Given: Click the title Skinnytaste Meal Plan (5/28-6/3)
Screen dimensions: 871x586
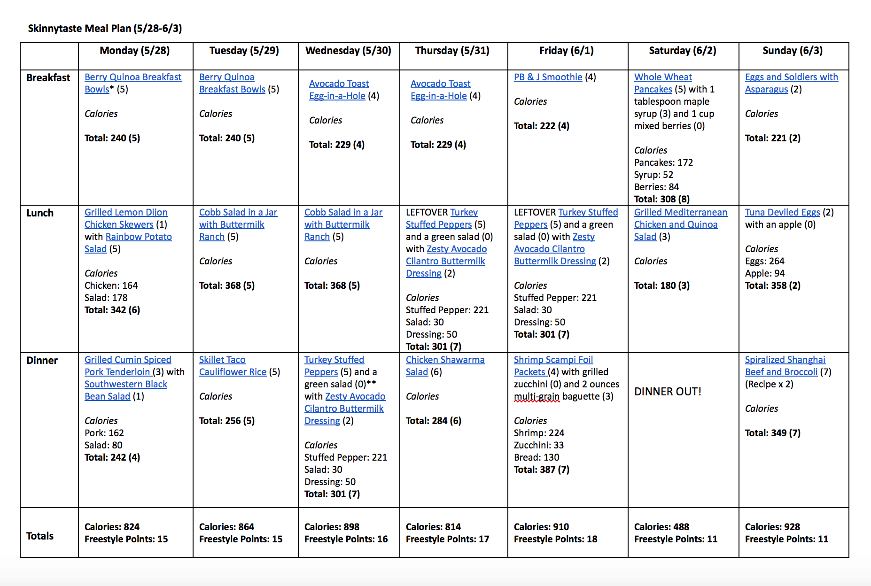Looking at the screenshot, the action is click(x=105, y=28).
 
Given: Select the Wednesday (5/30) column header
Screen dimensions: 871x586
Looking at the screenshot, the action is click(x=348, y=51).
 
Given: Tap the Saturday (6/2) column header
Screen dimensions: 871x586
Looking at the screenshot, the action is click(x=682, y=51).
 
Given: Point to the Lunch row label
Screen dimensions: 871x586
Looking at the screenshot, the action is click(x=40, y=213).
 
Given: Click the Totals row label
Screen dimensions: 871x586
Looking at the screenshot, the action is click(x=40, y=536).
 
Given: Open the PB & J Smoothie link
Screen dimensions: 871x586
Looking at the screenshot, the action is click(x=548, y=77).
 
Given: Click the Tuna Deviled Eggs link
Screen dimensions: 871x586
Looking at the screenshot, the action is click(x=782, y=212).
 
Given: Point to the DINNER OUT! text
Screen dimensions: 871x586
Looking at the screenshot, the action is click(x=668, y=392).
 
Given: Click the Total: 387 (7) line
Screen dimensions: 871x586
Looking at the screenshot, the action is click(x=541, y=470).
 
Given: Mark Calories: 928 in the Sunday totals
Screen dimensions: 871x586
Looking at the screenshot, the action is click(x=772, y=527).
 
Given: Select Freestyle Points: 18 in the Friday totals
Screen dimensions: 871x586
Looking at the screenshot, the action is click(x=555, y=539).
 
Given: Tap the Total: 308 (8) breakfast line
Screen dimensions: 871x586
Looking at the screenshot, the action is click(x=661, y=199).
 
